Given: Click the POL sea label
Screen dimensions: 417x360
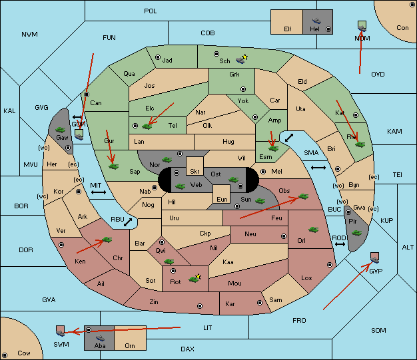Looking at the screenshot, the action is (151, 11).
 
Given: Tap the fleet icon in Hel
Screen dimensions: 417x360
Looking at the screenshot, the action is (316, 21).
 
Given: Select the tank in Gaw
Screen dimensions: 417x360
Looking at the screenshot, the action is (60, 129).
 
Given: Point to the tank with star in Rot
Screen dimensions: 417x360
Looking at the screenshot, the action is (195, 278).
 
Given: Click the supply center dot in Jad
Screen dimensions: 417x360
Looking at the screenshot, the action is (158, 57).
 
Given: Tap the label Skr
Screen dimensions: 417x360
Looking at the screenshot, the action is (195, 172).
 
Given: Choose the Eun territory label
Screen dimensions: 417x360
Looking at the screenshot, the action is (222, 199).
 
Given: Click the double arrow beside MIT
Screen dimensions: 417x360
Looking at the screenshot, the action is (99, 192).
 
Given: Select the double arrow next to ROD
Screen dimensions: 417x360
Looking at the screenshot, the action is (340, 244).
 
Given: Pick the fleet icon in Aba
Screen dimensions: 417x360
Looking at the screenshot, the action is (100, 338).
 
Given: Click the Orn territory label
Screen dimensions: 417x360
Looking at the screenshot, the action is (130, 345).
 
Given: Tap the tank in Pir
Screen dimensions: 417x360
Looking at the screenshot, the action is (356, 233).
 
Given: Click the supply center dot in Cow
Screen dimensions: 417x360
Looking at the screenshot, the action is (5, 355).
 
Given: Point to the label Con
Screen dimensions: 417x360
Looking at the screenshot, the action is (402, 28).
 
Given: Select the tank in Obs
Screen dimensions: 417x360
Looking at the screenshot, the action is (304, 196).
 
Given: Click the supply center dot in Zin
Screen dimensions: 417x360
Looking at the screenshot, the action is (200, 306).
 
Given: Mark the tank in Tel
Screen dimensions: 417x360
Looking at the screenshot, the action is (147, 126).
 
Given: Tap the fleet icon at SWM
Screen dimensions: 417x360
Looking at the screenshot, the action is (61, 331).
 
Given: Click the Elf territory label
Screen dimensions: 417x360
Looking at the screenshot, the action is (288, 29).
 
